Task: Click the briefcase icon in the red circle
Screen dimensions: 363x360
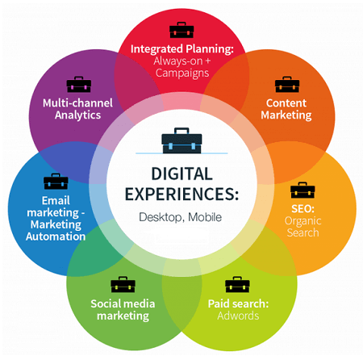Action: coord(181,30)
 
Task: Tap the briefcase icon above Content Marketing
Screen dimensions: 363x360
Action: coord(287,85)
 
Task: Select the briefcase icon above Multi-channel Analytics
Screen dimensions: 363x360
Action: coord(79,85)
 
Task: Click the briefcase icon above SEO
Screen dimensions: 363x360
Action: coord(302,190)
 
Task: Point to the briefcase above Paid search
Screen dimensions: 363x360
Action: coord(237,284)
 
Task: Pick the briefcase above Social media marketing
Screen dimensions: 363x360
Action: coord(123,284)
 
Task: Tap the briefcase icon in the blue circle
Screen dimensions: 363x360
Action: coord(56,182)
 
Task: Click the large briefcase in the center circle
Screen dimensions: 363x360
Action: coord(181,140)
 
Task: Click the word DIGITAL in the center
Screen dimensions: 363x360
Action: coord(182,174)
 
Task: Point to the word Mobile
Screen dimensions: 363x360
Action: coord(205,217)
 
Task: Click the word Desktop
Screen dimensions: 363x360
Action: coord(161,217)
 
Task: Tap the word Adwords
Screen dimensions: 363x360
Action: coord(238,316)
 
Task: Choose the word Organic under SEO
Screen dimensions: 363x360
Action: coord(302,221)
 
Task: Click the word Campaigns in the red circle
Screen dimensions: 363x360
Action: coord(182,73)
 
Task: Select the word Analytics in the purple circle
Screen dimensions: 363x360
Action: coord(77,115)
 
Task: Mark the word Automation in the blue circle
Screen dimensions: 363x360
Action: coord(56,237)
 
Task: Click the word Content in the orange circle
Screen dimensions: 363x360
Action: coord(286,103)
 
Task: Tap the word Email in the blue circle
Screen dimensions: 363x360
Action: coord(56,200)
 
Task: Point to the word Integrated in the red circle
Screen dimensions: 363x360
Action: coord(156,49)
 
